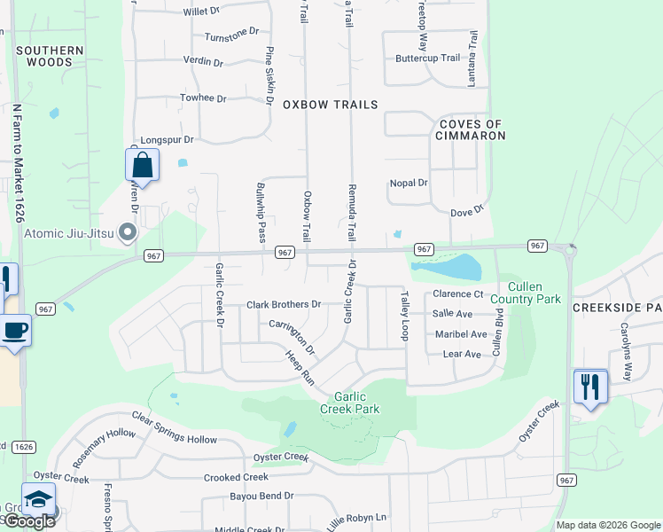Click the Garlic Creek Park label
(356, 403)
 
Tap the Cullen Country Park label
(534, 293)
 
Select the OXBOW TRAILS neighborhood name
(330, 105)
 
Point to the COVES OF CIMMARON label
(470, 130)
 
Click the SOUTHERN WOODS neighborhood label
(50, 57)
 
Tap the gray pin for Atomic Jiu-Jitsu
(128, 234)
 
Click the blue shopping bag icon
(142, 165)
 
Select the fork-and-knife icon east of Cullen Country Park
(590, 387)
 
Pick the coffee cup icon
(15, 332)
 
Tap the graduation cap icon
(38, 499)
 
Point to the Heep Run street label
(300, 367)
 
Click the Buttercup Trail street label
(428, 59)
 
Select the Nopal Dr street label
(409, 184)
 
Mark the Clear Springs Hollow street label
(175, 428)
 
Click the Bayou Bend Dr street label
(261, 496)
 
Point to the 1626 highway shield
(24, 447)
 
